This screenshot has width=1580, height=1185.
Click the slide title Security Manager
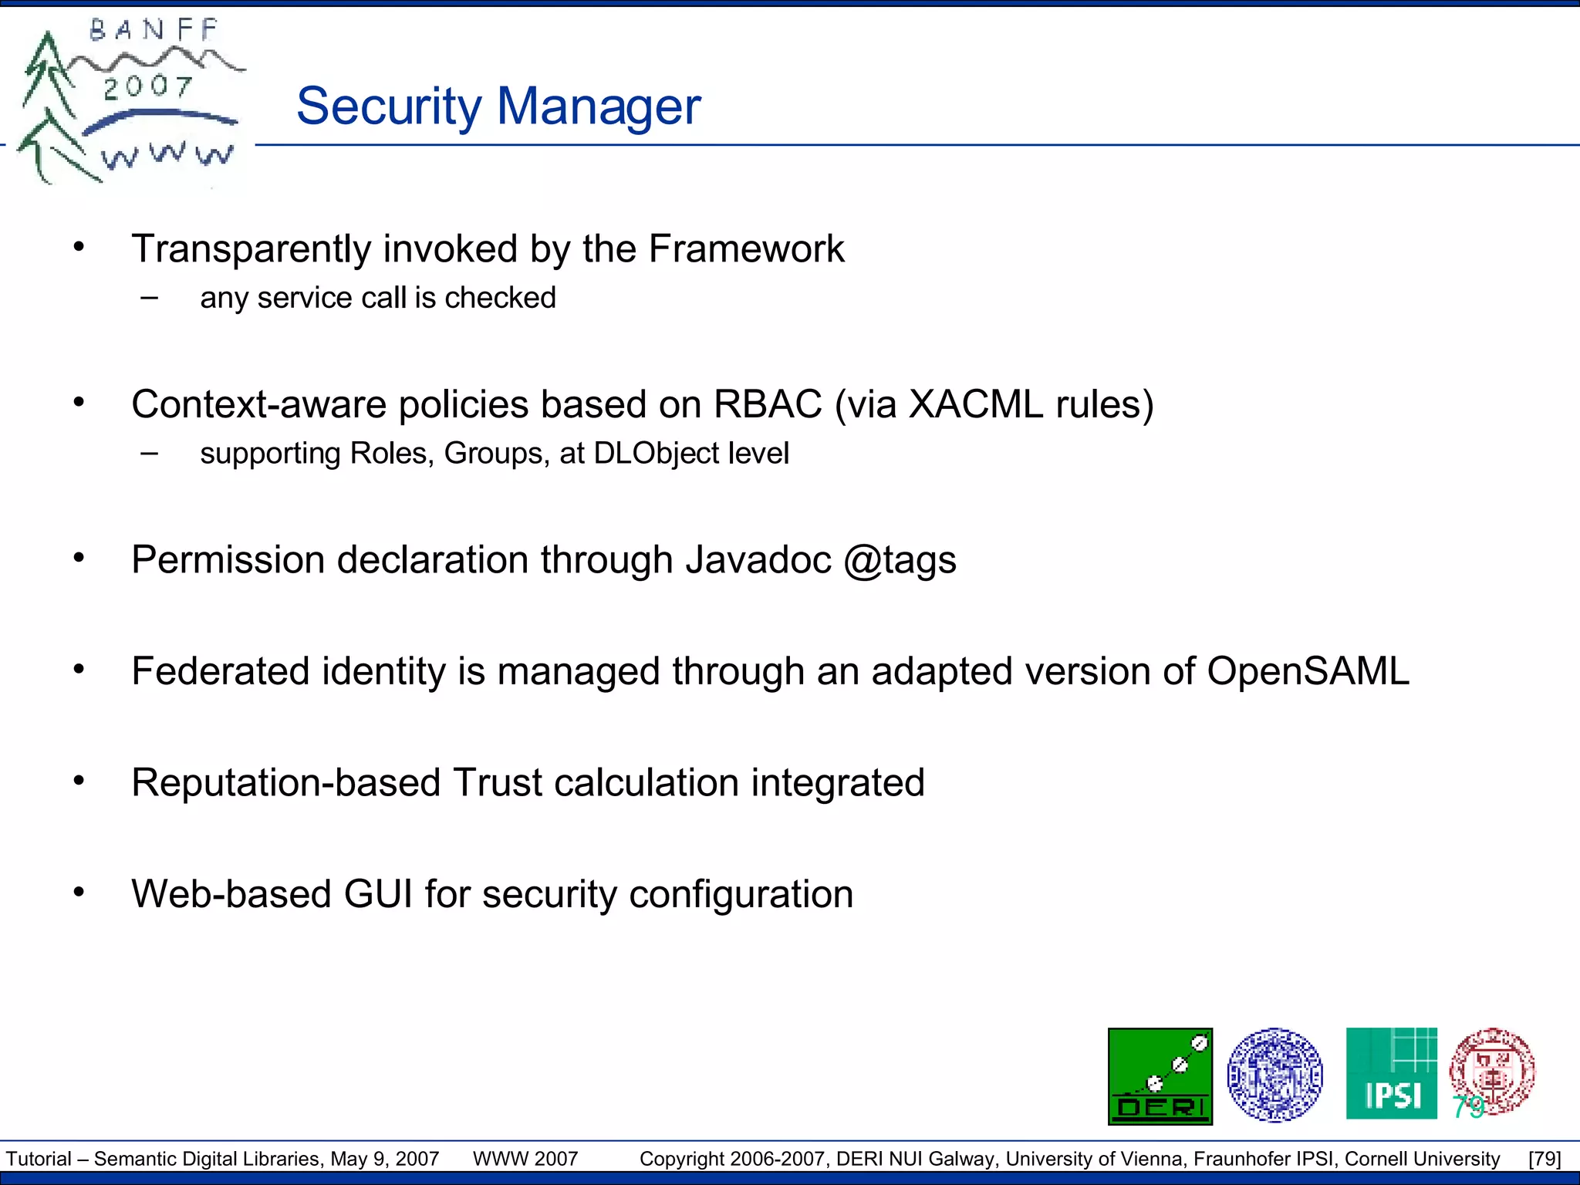[498, 106]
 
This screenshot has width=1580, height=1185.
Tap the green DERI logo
[1160, 1075]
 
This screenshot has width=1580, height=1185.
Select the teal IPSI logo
[1391, 1073]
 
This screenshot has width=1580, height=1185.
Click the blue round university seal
[1274, 1074]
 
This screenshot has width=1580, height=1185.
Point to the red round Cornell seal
[1492, 1071]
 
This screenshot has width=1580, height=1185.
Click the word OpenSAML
[1308, 671]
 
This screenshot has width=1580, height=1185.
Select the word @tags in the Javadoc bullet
[900, 560]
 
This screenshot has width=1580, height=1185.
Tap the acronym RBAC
[768, 404]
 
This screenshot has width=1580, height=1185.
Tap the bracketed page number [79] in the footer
[1545, 1159]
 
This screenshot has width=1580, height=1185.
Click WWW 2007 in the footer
[525, 1159]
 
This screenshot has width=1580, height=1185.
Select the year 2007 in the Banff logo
[147, 87]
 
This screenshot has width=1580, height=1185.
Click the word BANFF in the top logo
[154, 31]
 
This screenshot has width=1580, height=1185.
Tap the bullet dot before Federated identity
[79, 670]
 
